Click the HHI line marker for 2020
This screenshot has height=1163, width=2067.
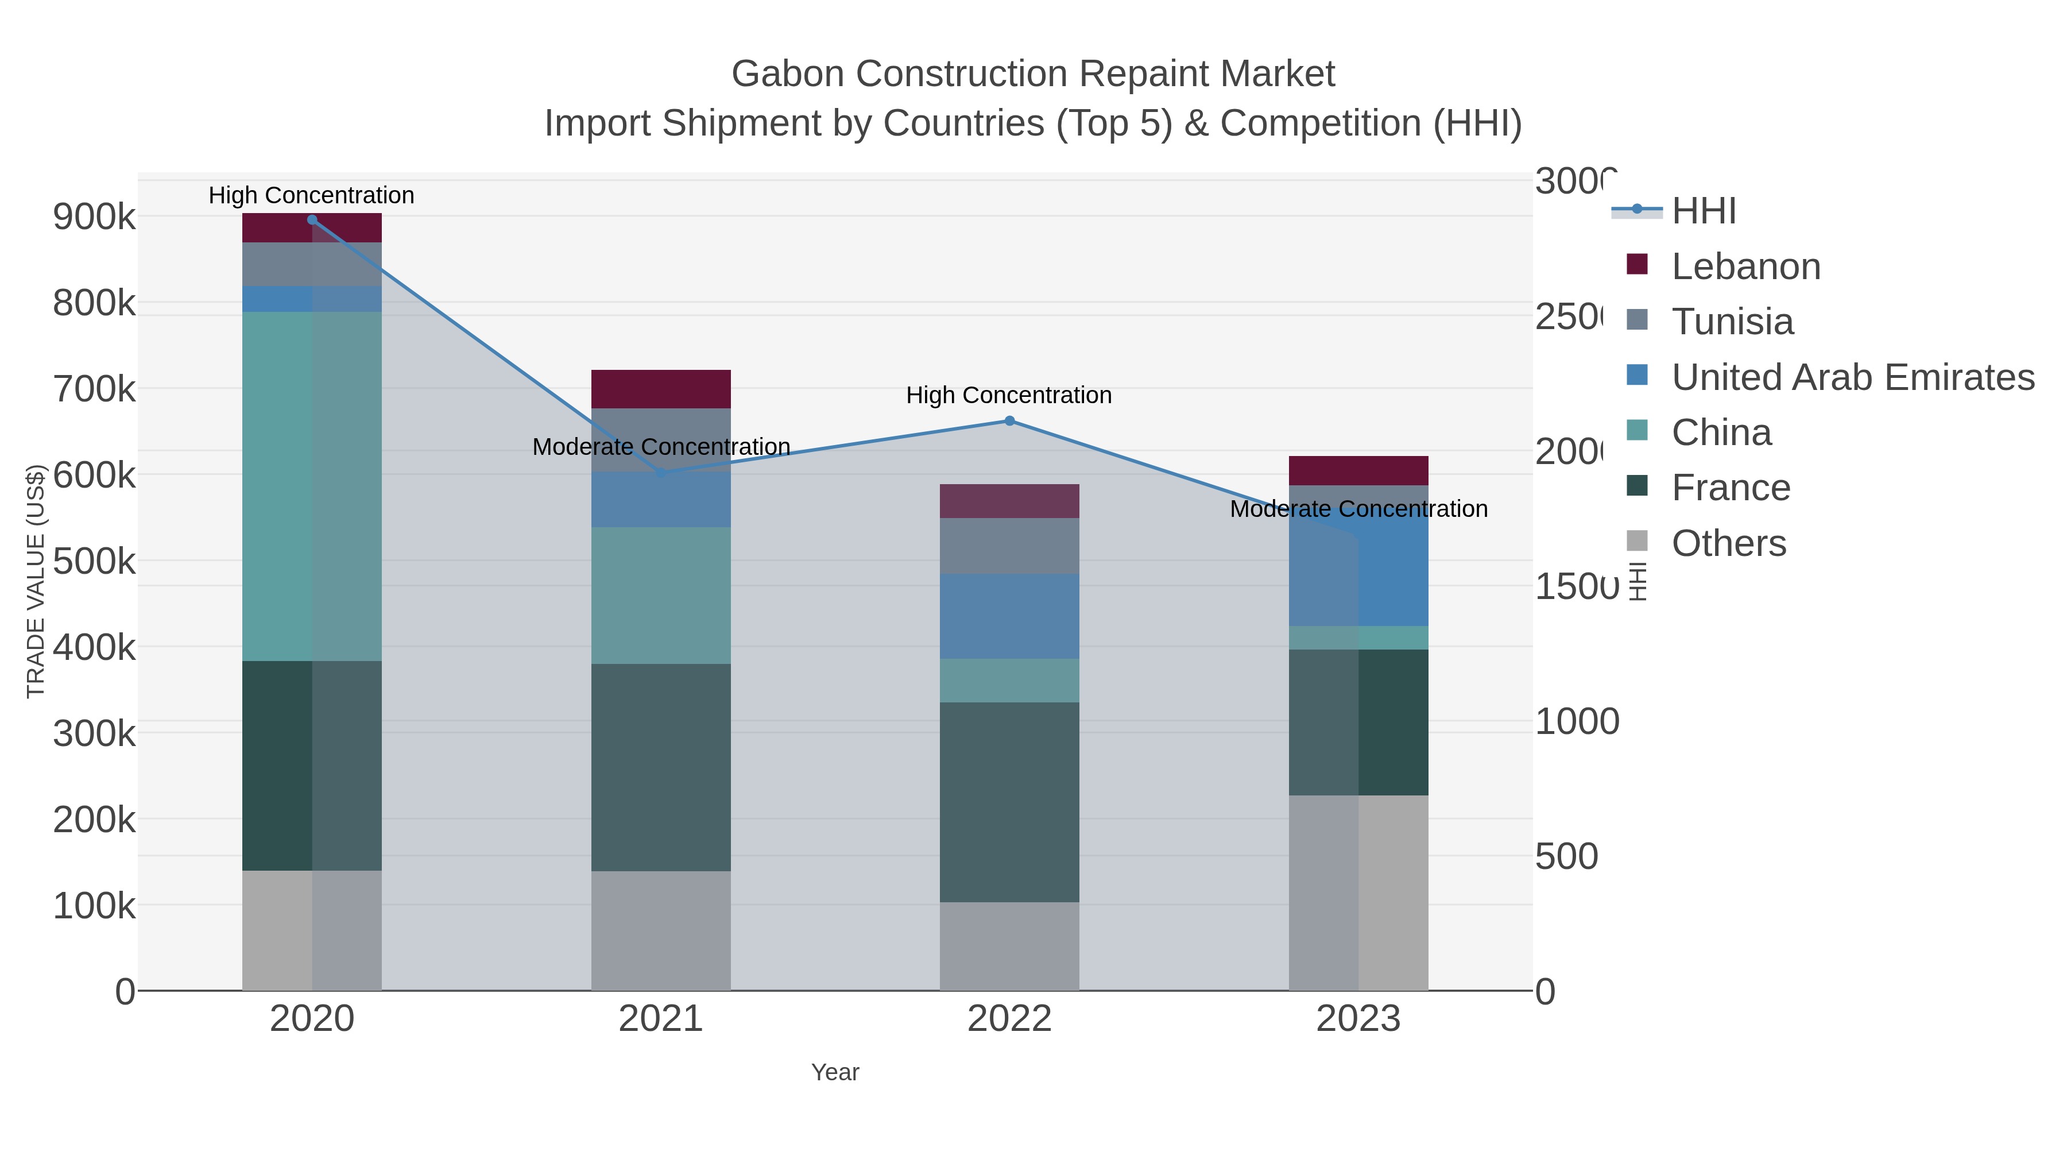pos(312,220)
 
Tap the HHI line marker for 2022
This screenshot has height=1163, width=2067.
pos(1009,420)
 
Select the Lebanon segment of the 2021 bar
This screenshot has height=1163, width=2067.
pos(660,389)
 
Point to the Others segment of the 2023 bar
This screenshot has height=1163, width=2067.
pos(1358,892)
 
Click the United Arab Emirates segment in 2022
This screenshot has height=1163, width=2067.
pos(1009,616)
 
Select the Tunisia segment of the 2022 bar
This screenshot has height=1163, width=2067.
pos(1009,545)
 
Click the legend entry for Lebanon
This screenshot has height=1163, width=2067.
pos(1745,266)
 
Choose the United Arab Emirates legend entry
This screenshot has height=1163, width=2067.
pos(1852,377)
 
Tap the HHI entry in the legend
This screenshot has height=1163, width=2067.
pos(1703,211)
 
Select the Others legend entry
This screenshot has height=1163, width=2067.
pos(1728,543)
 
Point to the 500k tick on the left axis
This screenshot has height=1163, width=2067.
pos(94,561)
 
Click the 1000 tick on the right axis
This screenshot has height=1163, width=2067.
pos(1576,721)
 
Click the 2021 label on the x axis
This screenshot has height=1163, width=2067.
pos(660,1018)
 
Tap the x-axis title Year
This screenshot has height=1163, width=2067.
pos(834,1072)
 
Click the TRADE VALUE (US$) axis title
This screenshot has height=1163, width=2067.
pos(36,580)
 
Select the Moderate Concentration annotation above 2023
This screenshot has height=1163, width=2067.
pos(1358,509)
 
